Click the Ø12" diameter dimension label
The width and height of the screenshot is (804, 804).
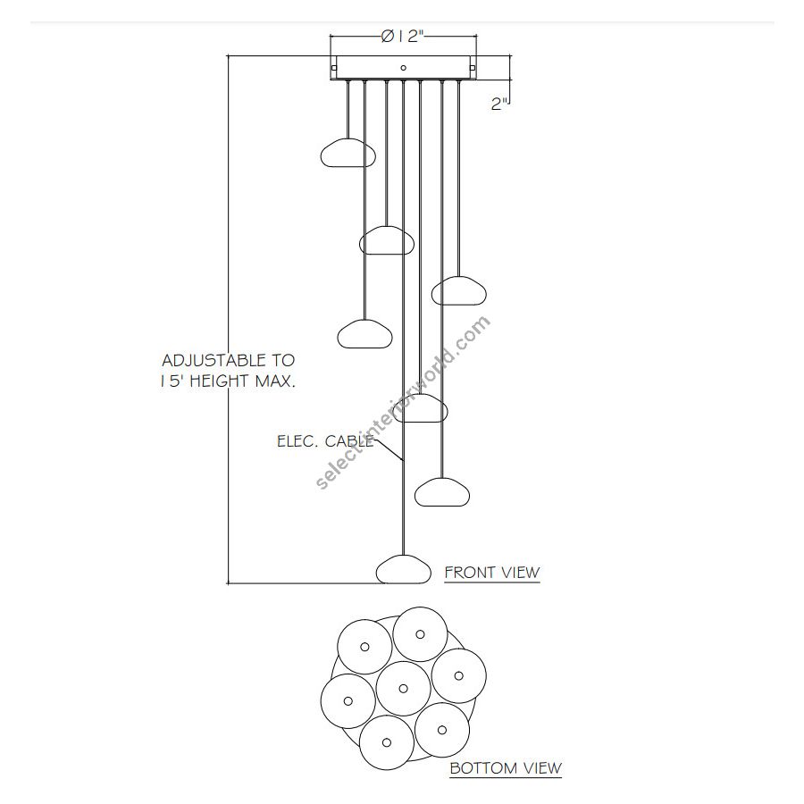[403, 37]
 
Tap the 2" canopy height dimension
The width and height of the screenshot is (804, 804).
[498, 104]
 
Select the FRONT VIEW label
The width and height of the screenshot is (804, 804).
[492, 573]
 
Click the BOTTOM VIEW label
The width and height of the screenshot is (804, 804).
[506, 768]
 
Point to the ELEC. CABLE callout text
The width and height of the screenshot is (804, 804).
[325, 441]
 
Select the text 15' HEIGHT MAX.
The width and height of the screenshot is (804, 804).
[228, 381]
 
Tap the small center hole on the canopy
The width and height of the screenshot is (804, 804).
[404, 68]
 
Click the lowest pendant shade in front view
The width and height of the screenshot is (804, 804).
[404, 570]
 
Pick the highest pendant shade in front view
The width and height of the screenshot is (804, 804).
[348, 153]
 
